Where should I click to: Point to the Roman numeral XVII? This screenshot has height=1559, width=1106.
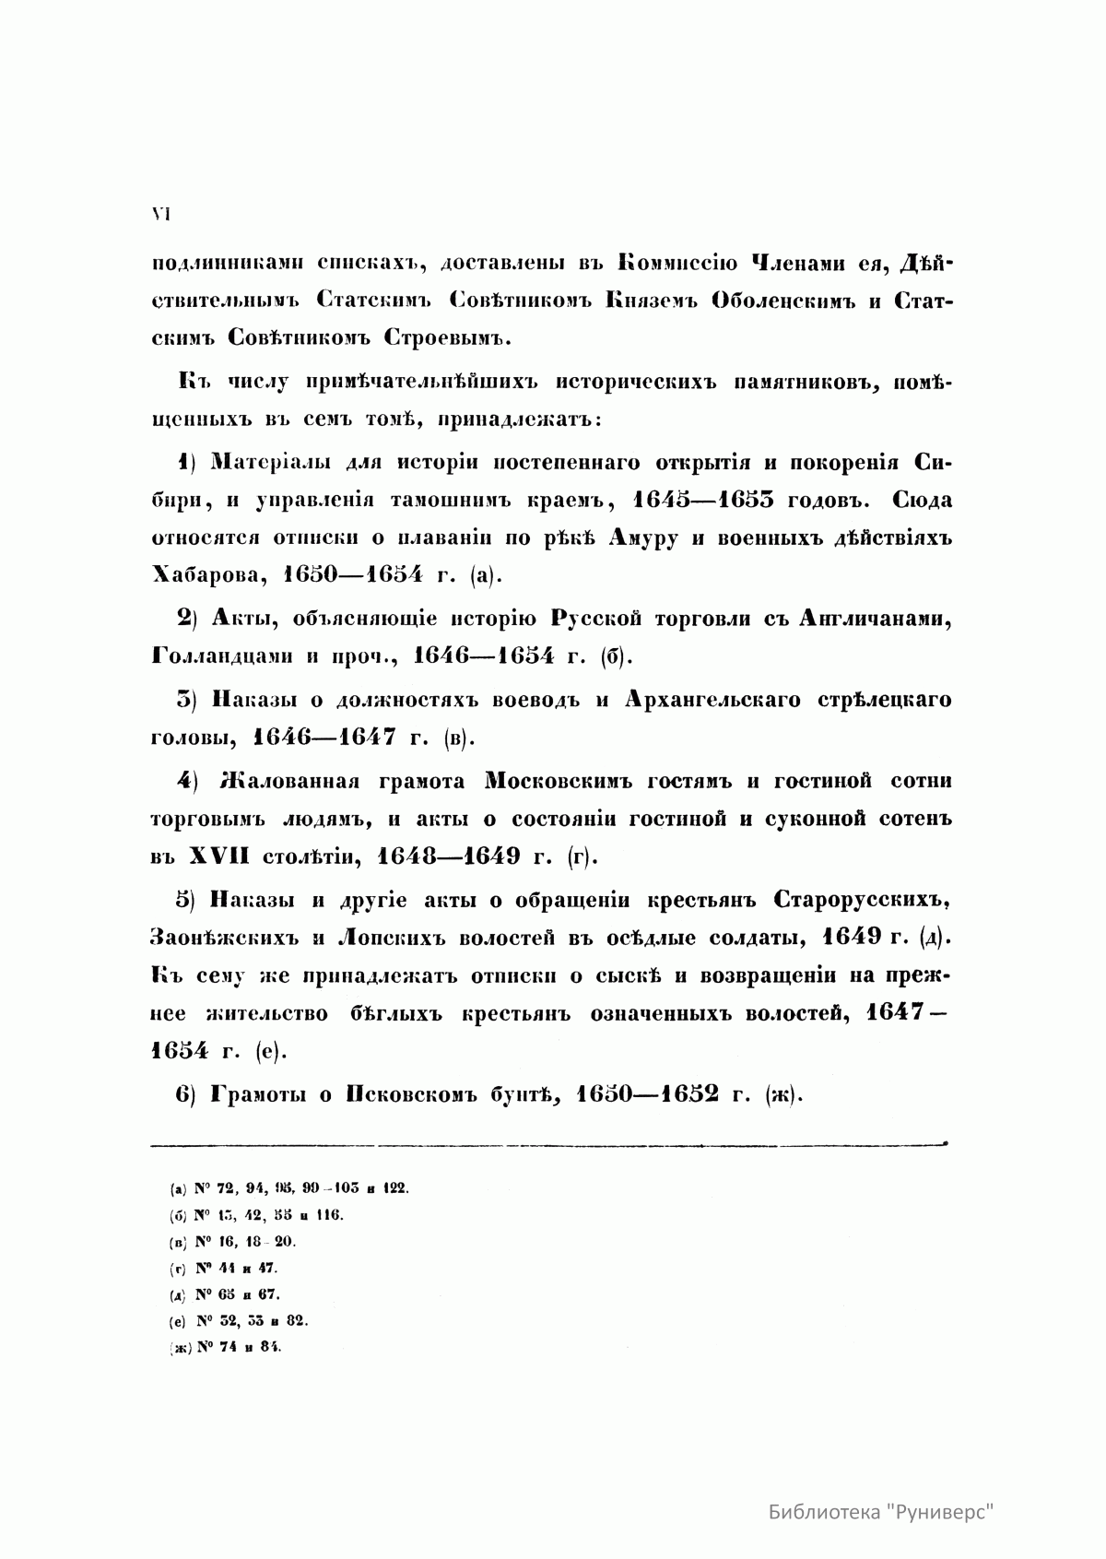point(219,856)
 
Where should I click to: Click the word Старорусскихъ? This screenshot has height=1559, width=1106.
point(862,899)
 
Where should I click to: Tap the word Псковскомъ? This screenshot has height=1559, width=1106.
point(415,1094)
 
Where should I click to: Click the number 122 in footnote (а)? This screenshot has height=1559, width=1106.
point(394,1188)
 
